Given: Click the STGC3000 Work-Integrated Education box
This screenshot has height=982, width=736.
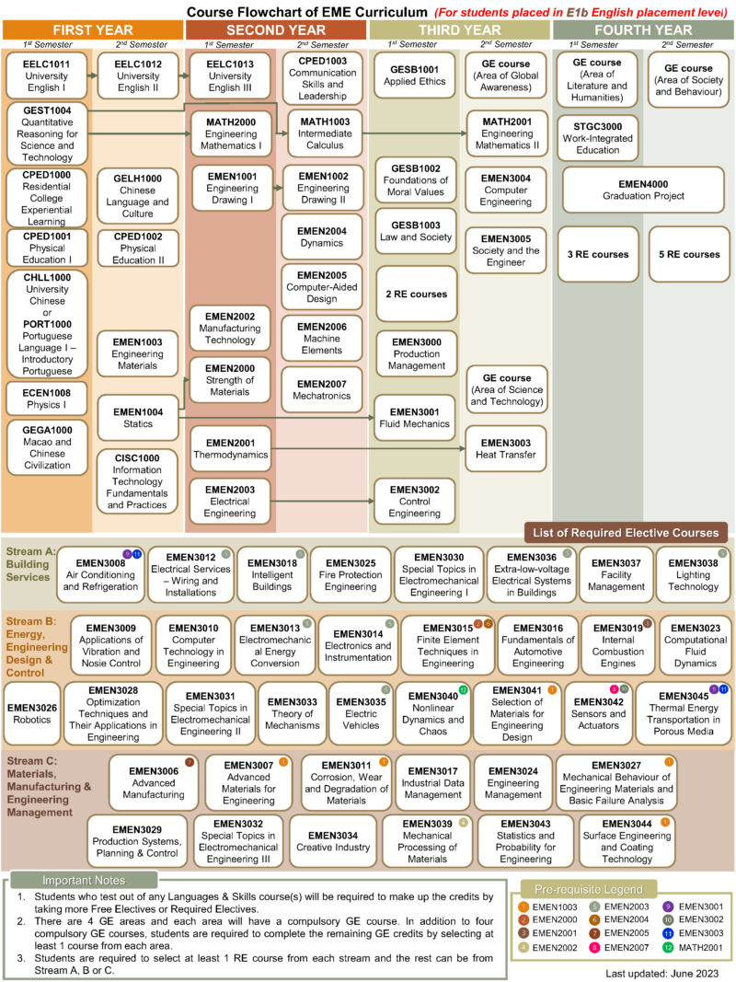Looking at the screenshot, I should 597,137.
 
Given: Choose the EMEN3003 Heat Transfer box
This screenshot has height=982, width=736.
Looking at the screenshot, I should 505,448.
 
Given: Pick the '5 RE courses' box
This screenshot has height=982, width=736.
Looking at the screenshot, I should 689,254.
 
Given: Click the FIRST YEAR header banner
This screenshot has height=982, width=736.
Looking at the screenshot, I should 91,29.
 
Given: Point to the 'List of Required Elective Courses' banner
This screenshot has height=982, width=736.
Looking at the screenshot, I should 626,533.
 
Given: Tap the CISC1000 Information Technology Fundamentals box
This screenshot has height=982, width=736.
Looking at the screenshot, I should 137,480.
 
